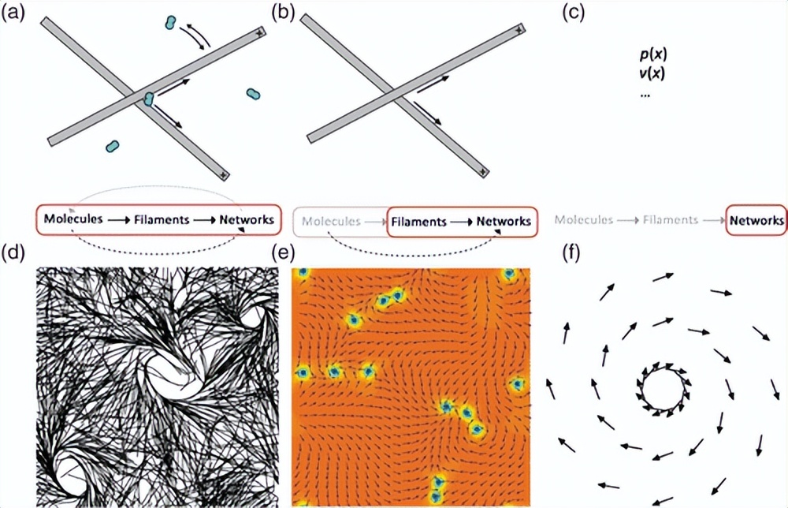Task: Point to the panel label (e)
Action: (283, 254)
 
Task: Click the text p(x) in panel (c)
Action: (654, 56)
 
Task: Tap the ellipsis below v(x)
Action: (645, 93)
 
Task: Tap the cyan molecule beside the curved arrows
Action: (169, 24)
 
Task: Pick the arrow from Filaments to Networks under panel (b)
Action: (463, 222)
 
